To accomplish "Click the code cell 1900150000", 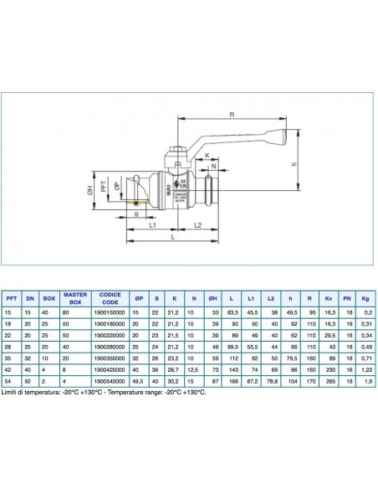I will (110, 310).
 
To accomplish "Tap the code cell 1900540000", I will (110, 379).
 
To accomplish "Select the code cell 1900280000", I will (110, 345).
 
